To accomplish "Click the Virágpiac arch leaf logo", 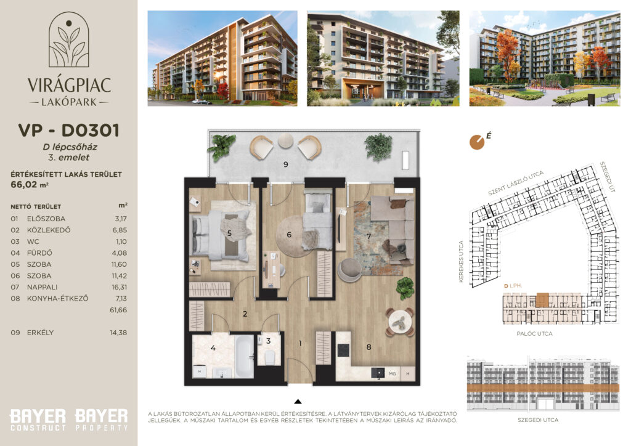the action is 69,39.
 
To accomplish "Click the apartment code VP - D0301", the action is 69,131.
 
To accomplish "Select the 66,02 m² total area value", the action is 30,185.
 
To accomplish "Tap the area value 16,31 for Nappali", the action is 119,287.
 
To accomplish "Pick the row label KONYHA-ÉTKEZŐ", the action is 57,298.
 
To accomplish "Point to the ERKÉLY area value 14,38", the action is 118,333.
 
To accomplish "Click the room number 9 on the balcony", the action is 286,164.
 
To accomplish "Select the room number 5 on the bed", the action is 229,233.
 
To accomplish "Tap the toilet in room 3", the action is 270,357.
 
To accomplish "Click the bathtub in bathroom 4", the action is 244,356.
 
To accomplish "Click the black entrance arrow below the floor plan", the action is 298,402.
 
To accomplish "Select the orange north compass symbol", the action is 477,142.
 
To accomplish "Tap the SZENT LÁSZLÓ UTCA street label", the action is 516,183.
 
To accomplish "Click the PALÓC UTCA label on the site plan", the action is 534,333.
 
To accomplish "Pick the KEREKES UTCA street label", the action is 461,261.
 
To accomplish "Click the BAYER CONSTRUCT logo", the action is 38,420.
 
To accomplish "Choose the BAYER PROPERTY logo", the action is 102,420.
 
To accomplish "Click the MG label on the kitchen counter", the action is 393,373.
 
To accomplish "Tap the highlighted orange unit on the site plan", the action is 542,300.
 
